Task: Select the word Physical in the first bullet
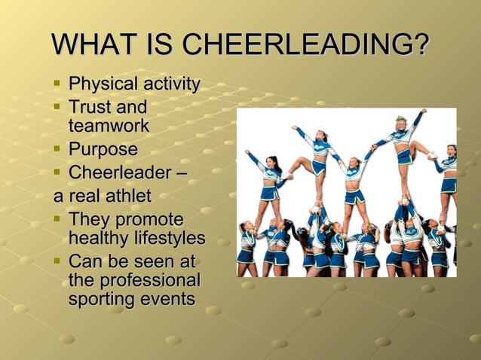100,84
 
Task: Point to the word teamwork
109,125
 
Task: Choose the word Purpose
103,149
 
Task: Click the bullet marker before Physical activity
57,84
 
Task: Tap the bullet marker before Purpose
57,149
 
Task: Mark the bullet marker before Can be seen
57,262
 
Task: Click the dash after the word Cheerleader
180,174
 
